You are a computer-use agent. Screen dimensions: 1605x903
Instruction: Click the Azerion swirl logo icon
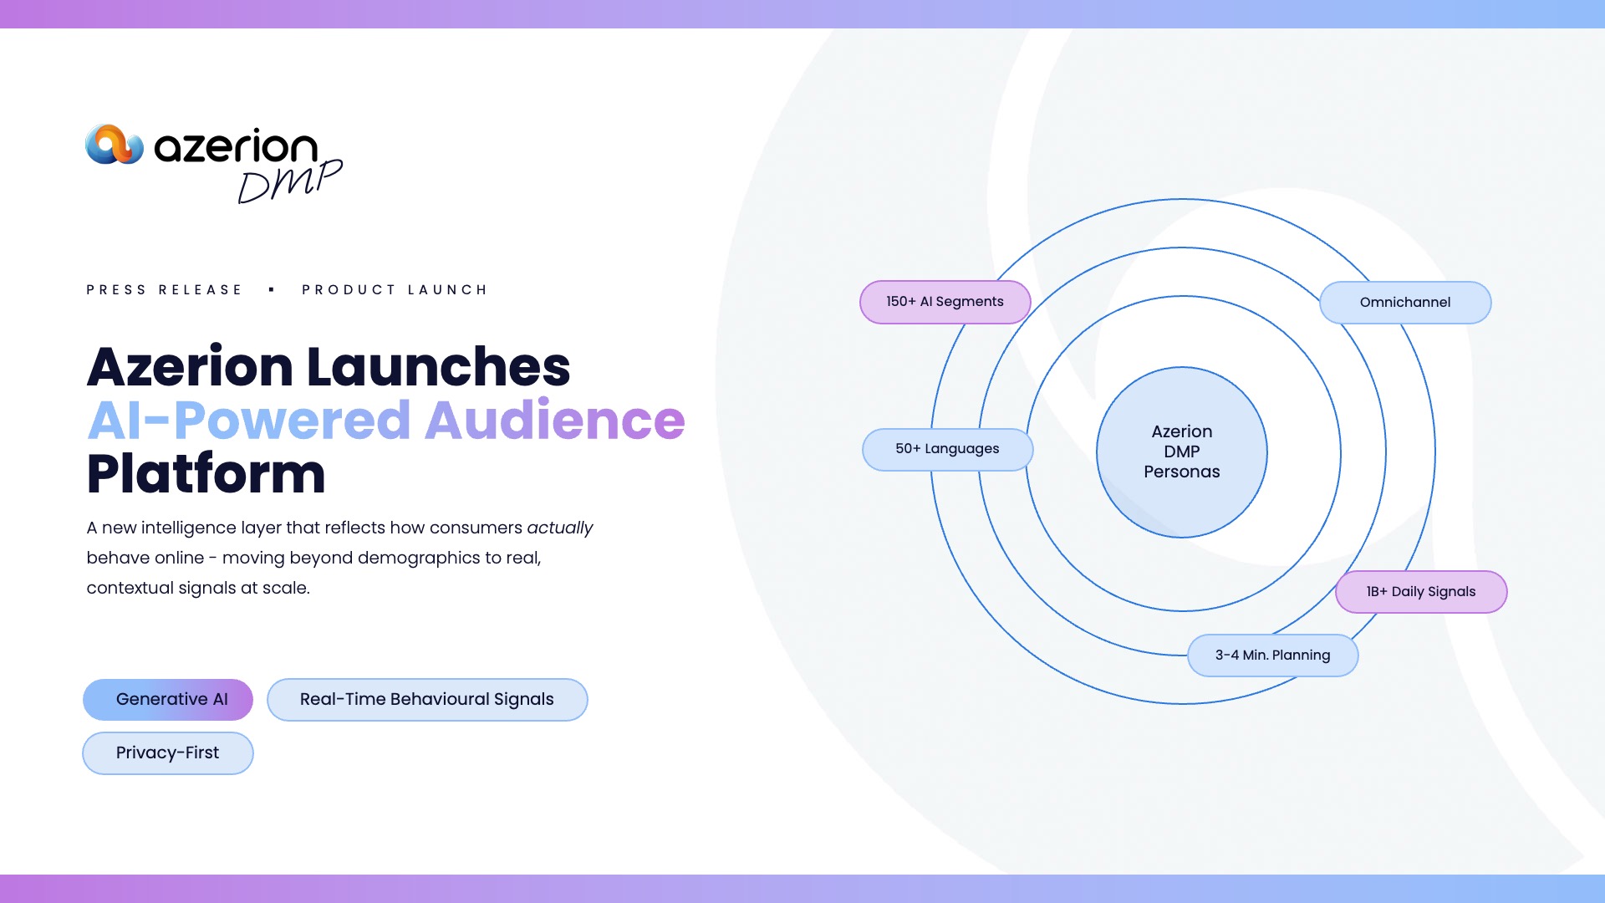[115, 145]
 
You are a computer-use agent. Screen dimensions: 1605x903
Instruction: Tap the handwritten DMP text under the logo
[290, 181]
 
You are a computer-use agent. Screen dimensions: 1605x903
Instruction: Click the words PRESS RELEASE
[164, 290]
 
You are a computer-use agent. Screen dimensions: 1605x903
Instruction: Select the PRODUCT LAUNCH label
[395, 290]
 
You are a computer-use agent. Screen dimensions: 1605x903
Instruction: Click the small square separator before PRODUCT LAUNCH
[272, 290]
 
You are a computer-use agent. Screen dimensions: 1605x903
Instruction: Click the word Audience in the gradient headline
[555, 420]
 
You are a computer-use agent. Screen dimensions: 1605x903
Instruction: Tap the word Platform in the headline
[206, 474]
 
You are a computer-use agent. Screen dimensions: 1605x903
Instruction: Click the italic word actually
[559, 528]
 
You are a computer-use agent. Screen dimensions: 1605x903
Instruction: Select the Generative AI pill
[168, 700]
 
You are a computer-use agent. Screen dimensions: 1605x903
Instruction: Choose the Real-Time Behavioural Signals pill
[427, 700]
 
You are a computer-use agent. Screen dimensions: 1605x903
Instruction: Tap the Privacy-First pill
[168, 753]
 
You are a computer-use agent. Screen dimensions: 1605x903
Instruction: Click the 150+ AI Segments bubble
[945, 302]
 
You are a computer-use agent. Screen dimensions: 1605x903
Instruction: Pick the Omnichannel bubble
[1405, 303]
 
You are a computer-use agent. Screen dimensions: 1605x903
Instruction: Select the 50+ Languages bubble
[948, 450]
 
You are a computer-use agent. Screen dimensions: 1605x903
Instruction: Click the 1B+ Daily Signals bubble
[1421, 592]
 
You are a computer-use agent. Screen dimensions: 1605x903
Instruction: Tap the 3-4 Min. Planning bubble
[1273, 656]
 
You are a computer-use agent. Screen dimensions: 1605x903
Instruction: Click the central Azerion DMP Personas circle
[1182, 452]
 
